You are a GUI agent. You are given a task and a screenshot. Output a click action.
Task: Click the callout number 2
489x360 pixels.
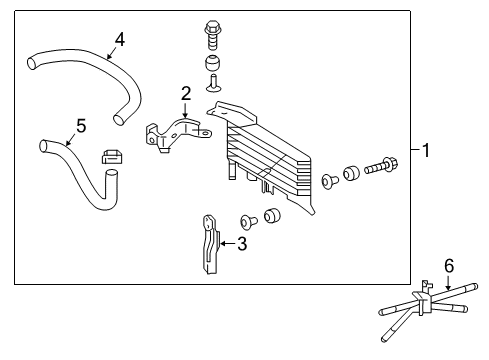tap(185, 94)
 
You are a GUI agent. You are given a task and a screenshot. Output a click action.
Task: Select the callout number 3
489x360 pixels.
tap(241, 243)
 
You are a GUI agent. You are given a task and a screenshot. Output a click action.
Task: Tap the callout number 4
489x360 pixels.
tap(119, 39)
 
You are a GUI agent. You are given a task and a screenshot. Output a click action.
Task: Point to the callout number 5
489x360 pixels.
tap(81, 126)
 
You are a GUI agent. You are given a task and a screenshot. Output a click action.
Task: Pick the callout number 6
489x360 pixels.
tap(449, 265)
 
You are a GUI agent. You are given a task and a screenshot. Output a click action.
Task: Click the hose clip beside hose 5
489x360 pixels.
tap(112, 157)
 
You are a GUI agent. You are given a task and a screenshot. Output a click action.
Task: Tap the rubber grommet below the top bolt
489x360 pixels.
tap(212, 66)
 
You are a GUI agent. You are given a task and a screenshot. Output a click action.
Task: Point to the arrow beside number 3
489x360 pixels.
tap(226, 243)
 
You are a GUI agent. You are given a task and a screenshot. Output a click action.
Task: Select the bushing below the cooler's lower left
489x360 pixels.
tap(273, 217)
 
